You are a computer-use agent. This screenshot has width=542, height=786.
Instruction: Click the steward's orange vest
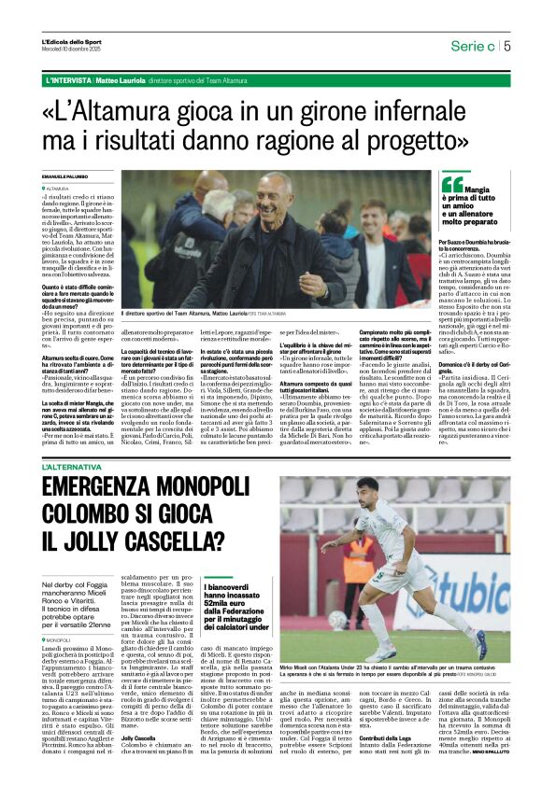358,554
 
